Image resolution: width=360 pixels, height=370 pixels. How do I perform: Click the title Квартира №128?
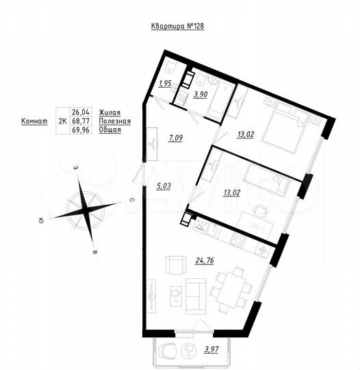(177, 26)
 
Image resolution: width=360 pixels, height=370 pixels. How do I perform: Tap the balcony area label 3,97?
(205, 351)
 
